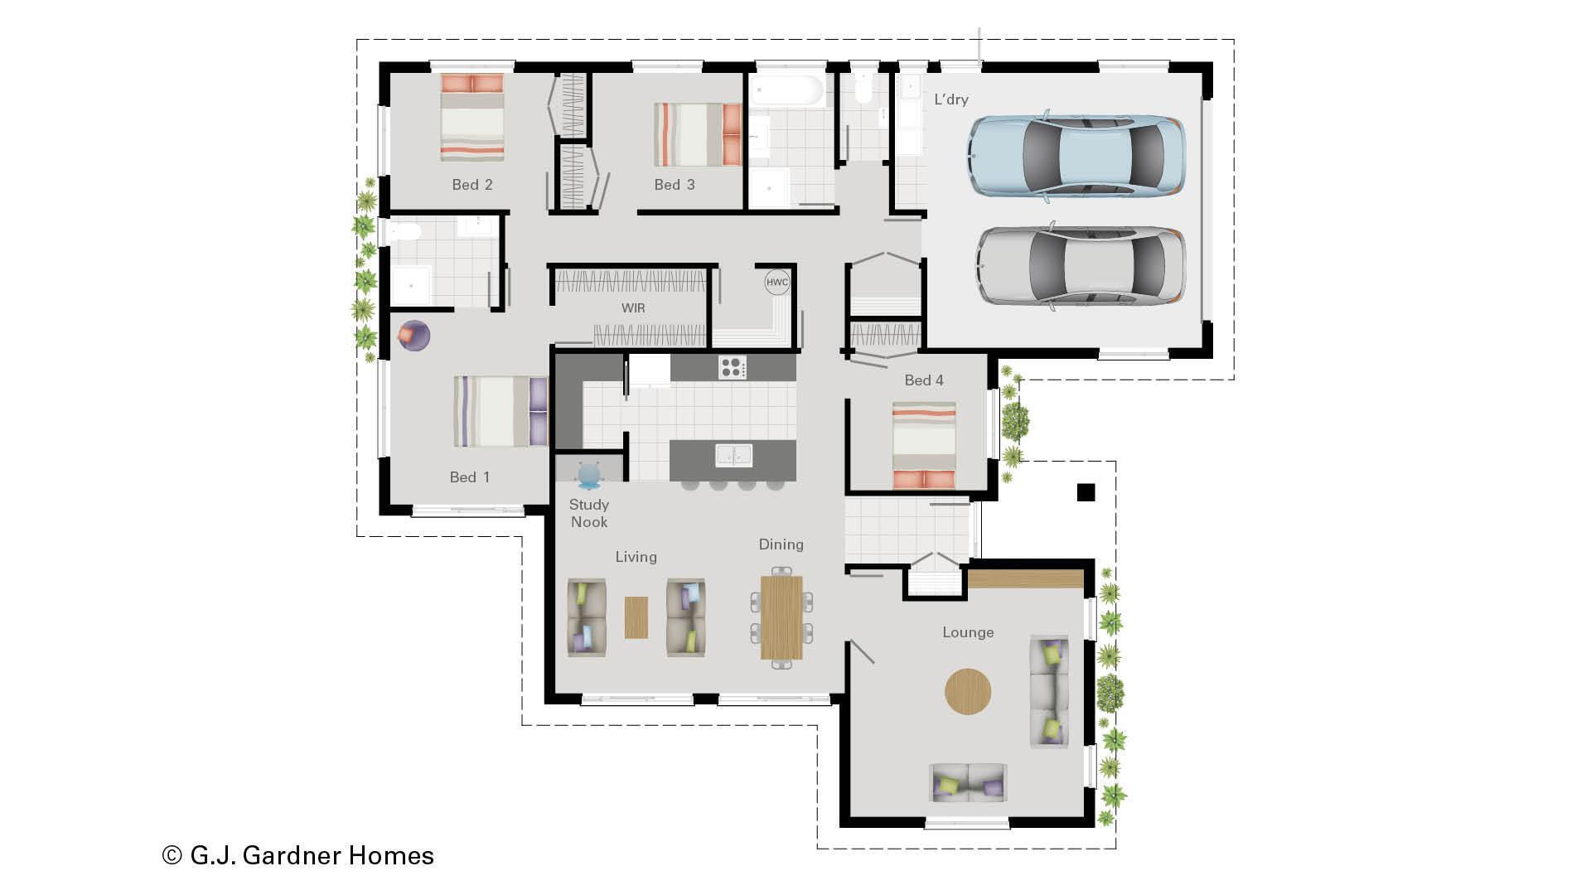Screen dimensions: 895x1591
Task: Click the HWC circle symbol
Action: pyautogui.click(x=776, y=283)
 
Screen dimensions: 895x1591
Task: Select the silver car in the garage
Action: pyautogui.click(x=1080, y=266)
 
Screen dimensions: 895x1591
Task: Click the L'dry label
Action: pyautogui.click(x=950, y=99)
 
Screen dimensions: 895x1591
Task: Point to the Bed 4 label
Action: pyautogui.click(x=923, y=380)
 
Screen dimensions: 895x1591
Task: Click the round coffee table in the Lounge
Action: pyautogui.click(x=968, y=691)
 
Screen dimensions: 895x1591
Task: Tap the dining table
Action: pyautogui.click(x=781, y=617)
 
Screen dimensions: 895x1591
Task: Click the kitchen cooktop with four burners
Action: pyautogui.click(x=732, y=367)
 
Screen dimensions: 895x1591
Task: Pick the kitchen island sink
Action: pyautogui.click(x=733, y=455)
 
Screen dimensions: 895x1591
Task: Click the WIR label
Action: pyautogui.click(x=633, y=308)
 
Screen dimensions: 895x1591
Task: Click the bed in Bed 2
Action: pyautogui.click(x=471, y=118)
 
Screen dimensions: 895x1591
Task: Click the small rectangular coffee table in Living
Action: pyautogui.click(x=636, y=617)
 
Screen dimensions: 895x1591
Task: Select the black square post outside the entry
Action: pyautogui.click(x=1086, y=492)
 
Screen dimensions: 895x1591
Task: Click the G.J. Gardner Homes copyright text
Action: pyautogui.click(x=298, y=855)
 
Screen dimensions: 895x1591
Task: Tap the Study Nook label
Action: pyautogui.click(x=589, y=513)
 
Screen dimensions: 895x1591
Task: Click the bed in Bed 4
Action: pyautogui.click(x=923, y=445)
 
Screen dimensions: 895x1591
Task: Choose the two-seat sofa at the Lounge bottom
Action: pyautogui.click(x=969, y=782)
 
